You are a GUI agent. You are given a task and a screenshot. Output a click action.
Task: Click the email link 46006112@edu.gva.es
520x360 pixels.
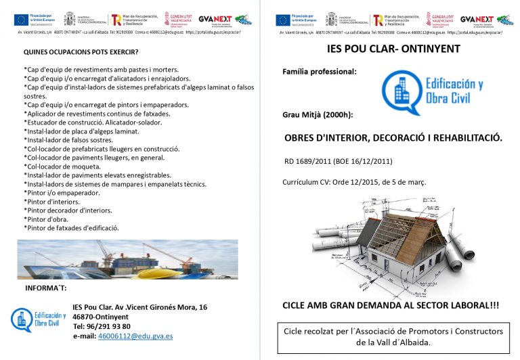coord(135,336)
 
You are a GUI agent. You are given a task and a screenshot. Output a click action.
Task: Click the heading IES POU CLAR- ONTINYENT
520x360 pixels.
coord(393,49)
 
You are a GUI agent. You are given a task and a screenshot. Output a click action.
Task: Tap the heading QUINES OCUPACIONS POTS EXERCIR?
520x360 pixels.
coord(81,51)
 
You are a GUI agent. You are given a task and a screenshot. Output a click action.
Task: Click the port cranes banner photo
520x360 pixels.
coord(127,260)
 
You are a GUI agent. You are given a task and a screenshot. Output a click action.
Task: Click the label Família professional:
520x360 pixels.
coord(319,71)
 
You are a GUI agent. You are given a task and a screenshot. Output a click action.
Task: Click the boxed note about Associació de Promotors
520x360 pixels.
coord(393,337)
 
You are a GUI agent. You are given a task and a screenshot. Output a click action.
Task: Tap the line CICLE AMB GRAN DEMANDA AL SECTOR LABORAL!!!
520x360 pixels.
coord(391,306)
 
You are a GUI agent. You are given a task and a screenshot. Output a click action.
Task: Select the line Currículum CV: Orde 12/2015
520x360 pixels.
coord(353,183)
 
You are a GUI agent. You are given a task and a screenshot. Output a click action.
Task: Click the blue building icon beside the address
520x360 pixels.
coord(22,319)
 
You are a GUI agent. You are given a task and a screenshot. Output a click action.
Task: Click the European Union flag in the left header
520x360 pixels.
coord(21,20)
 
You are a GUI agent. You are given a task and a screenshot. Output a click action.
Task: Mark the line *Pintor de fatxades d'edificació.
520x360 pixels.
coord(72,228)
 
